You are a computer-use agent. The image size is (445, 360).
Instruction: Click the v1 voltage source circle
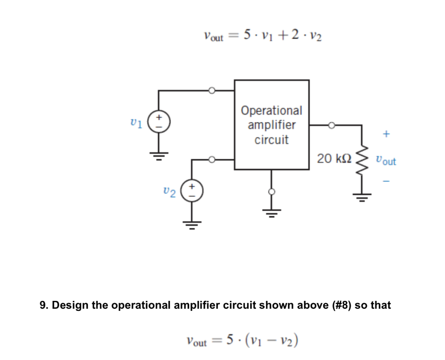click(x=159, y=121)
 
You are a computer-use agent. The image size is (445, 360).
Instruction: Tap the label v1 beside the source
click(x=136, y=122)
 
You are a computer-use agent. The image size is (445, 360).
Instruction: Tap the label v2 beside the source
click(x=169, y=192)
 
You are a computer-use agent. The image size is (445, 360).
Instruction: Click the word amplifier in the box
click(x=272, y=125)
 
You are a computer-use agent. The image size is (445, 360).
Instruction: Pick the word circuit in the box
click(x=272, y=140)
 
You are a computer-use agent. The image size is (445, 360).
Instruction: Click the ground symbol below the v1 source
click(x=159, y=155)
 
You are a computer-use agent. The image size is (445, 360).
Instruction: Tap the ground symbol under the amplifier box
click(x=272, y=212)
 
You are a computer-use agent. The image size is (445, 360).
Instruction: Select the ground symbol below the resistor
click(x=361, y=198)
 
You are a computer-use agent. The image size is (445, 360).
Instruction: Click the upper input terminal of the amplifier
click(x=212, y=90)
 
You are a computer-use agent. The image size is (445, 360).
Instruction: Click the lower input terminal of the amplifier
click(x=212, y=160)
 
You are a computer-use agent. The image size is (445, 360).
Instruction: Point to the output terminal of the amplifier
click(x=332, y=125)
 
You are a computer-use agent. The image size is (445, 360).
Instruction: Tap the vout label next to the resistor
click(x=386, y=161)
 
